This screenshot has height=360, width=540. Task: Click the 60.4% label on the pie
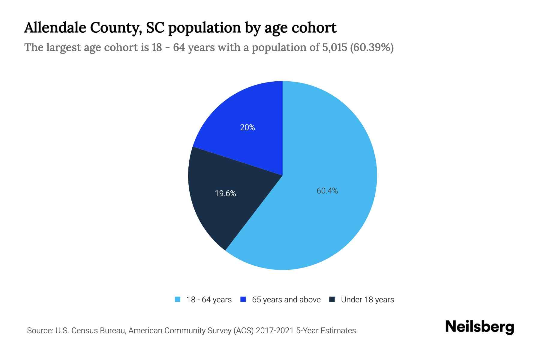tap(327, 191)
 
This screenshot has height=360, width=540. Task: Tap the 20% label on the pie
tap(247, 127)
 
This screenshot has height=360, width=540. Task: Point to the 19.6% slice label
tap(225, 193)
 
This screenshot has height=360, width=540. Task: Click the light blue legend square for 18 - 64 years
tap(178, 299)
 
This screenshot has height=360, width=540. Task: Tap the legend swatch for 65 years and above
tap(243, 299)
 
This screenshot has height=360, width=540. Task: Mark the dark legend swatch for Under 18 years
tap(332, 299)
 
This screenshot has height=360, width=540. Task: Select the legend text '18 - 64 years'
tap(209, 300)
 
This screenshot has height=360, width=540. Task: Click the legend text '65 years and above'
tap(286, 300)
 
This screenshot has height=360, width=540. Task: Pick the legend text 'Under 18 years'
tap(367, 300)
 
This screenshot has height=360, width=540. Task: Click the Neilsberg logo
tap(479, 327)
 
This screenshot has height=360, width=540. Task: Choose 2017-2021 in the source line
tap(275, 331)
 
